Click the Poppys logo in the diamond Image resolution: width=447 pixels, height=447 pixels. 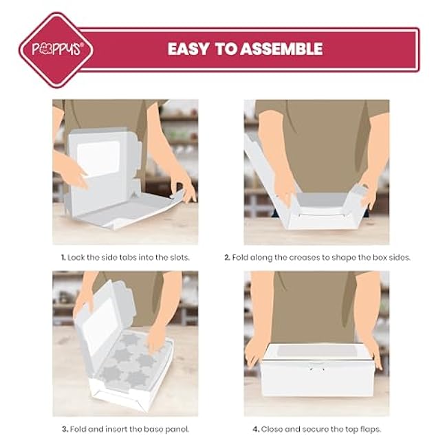pos(57,49)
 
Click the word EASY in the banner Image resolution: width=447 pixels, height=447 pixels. pos(188,49)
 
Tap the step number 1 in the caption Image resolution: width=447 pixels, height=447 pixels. pos(63,258)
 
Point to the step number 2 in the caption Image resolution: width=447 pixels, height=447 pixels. pos(227,258)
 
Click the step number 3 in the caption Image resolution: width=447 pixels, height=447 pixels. pos(65,429)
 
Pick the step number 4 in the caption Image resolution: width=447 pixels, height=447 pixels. pos(256,429)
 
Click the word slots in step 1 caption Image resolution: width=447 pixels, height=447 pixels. pos(179,258)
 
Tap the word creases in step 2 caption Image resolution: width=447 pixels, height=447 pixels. pos(304,258)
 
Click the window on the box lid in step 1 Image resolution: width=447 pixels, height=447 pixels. pos(98,158)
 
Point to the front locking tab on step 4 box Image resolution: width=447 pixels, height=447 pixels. pos(317,367)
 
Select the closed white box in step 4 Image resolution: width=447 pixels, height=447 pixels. pos(318,370)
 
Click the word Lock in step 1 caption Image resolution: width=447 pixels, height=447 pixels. pos(76,258)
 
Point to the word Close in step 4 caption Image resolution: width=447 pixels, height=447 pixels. pos(272,429)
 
